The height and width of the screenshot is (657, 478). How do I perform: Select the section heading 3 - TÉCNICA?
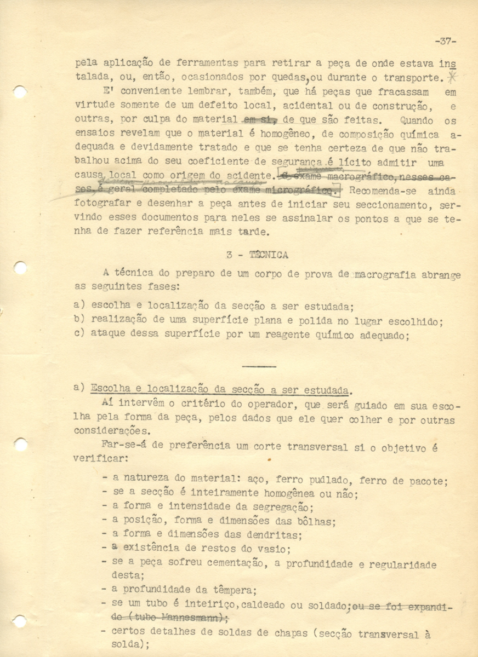pyautogui.click(x=257, y=255)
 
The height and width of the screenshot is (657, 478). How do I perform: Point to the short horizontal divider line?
pyautogui.click(x=259, y=366)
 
